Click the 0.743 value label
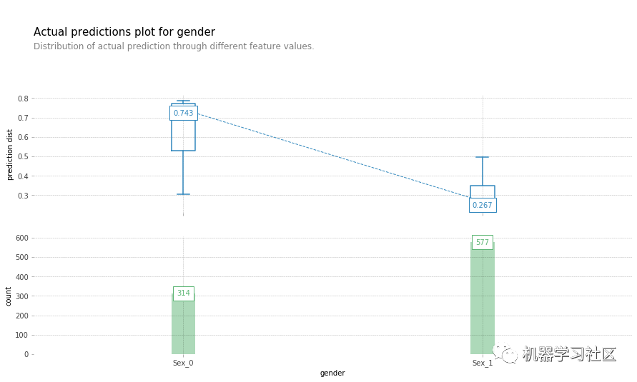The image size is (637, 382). [183, 113]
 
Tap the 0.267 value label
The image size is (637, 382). [483, 205]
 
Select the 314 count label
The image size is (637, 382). [184, 293]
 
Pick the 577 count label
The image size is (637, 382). [483, 242]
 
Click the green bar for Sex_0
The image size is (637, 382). [183, 328]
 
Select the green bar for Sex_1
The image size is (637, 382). [483, 307]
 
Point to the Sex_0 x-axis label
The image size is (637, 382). [183, 363]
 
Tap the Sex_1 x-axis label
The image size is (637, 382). [483, 363]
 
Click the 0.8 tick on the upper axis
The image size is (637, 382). [24, 99]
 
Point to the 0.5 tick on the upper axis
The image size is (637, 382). [24, 156]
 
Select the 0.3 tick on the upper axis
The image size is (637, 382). [24, 196]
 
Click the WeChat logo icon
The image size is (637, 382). [505, 353]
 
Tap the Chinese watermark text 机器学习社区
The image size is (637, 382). [568, 353]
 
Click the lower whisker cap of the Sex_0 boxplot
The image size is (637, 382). [183, 194]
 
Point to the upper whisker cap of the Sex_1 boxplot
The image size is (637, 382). [483, 157]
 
